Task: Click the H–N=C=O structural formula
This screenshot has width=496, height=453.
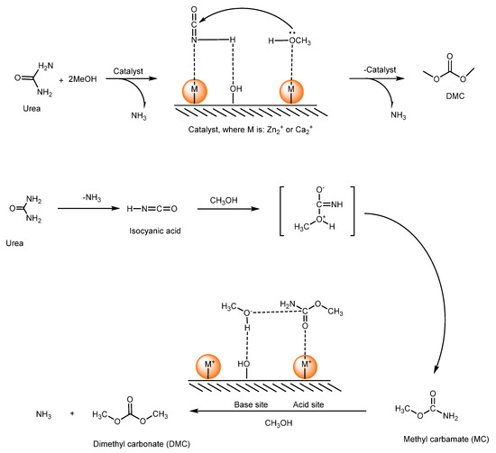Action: (x=149, y=209)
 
